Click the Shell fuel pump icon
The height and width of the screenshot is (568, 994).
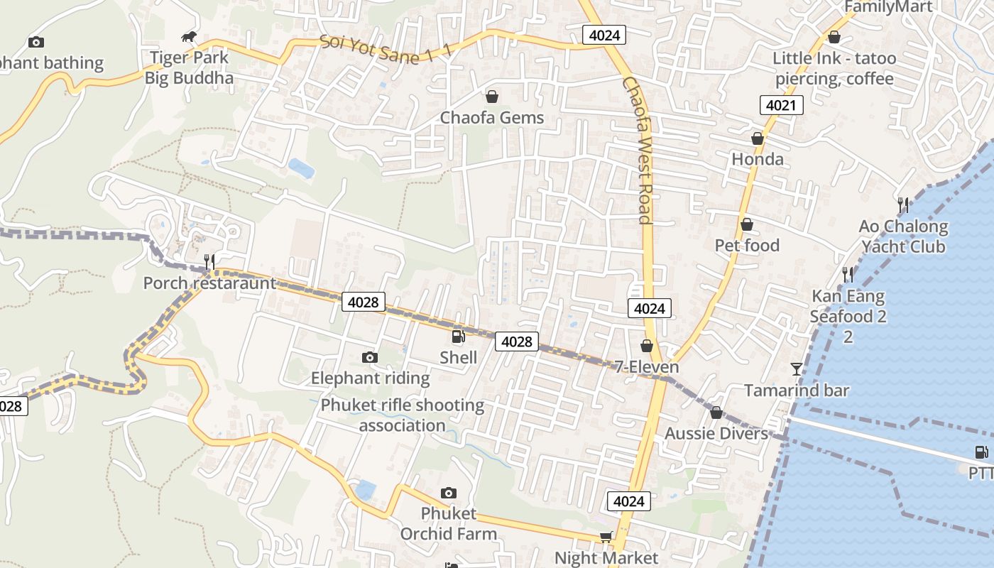click(458, 337)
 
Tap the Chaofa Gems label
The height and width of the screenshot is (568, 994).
click(492, 118)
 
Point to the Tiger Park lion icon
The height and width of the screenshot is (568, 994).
click(188, 37)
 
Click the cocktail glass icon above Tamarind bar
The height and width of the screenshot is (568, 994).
click(797, 368)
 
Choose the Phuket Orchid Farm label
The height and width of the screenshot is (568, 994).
click(449, 523)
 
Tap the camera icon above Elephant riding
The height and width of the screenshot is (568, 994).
click(369, 357)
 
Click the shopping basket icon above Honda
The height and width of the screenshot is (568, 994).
click(758, 138)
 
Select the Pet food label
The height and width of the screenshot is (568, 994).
click(747, 246)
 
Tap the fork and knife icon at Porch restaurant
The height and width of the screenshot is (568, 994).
click(209, 261)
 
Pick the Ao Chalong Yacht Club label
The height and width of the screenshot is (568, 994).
click(903, 236)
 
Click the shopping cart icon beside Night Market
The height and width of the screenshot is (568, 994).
click(606, 537)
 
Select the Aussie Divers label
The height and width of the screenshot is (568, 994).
click(716, 433)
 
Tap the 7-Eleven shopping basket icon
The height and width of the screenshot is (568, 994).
click(646, 346)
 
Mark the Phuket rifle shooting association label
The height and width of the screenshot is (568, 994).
click(403, 415)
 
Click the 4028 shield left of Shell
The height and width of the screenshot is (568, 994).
click(364, 302)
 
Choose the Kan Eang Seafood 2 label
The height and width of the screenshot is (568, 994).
click(848, 306)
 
